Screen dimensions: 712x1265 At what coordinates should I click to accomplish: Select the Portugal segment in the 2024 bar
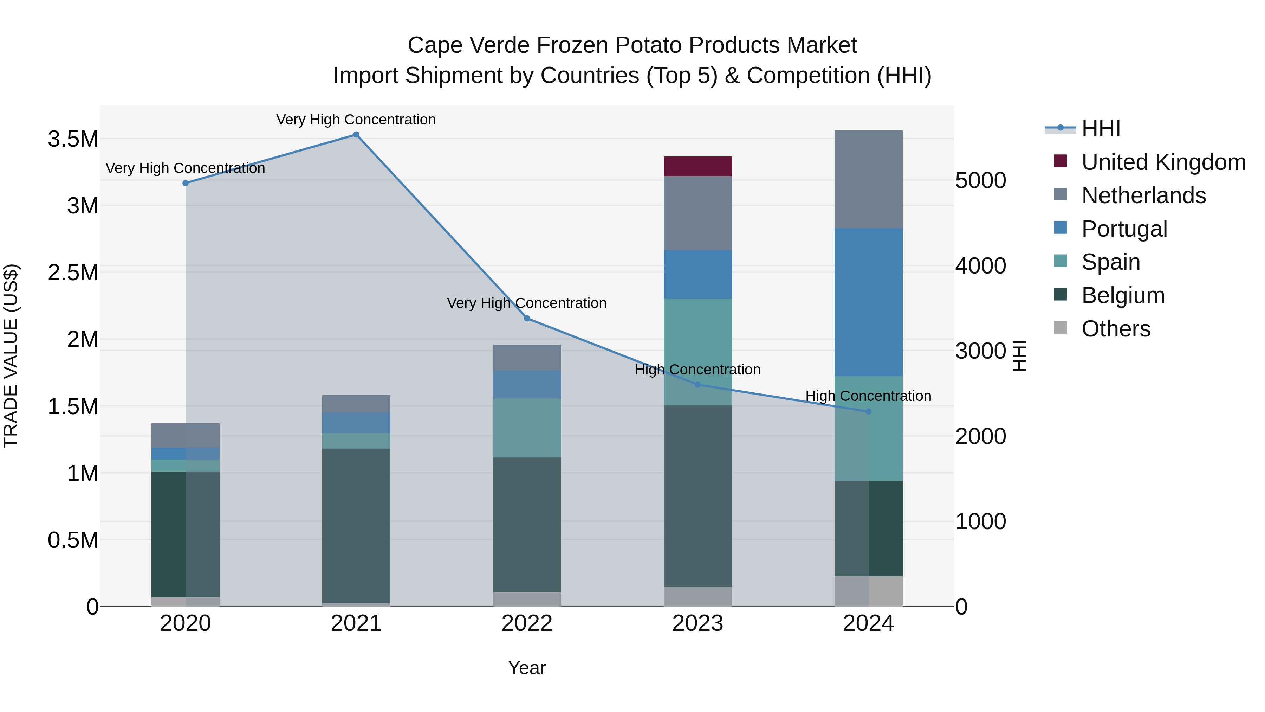868,302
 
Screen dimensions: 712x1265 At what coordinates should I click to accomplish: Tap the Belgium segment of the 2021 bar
356,525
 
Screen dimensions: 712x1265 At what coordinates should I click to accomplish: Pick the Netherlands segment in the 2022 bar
527,357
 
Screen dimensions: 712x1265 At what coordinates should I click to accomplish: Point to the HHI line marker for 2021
356,135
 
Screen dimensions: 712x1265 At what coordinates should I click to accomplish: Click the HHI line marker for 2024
868,411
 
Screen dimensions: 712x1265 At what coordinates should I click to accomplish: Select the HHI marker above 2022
527,319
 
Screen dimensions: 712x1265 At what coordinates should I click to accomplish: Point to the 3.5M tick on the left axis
73,139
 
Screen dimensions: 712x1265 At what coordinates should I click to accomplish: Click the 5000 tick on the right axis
980,180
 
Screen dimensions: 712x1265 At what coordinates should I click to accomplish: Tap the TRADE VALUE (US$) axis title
11,356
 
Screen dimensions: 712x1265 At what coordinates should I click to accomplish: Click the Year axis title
527,668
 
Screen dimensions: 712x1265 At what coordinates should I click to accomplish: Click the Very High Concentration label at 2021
356,120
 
